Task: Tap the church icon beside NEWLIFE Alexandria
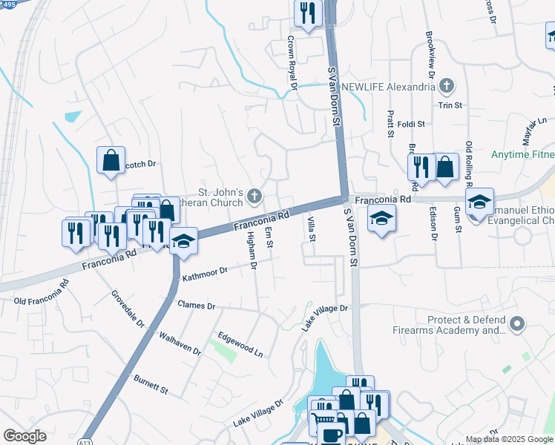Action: [x=446, y=87]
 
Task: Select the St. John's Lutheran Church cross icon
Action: [x=254, y=197]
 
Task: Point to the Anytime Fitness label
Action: [x=522, y=155]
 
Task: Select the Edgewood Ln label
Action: [x=240, y=344]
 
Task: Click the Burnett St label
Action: [x=151, y=384]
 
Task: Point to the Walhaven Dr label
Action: [x=180, y=343]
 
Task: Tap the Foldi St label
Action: [x=410, y=124]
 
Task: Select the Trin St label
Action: [x=450, y=105]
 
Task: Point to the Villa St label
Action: [x=312, y=228]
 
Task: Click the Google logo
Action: [x=24, y=436]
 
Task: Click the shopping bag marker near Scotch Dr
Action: [x=111, y=160]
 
